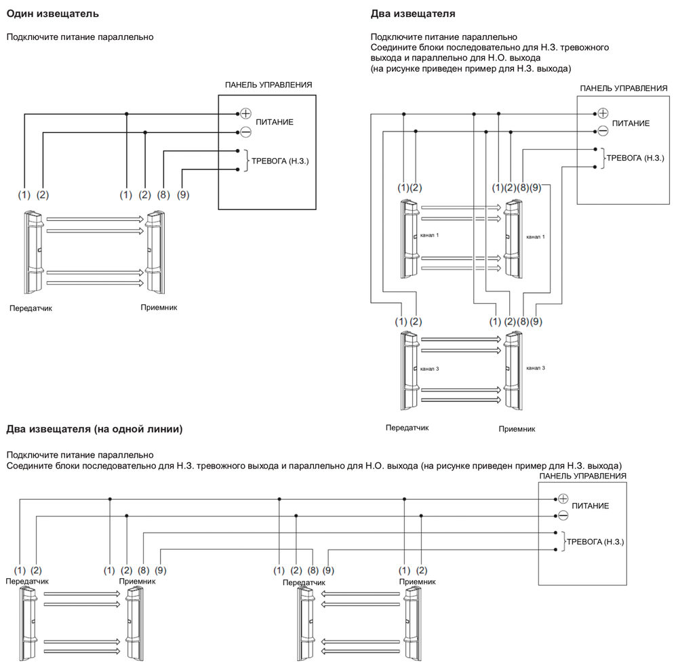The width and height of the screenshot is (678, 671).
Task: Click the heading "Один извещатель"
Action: (52, 14)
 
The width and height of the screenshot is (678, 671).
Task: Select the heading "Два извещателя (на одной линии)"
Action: (94, 429)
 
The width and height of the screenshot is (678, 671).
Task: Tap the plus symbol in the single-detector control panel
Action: (245, 113)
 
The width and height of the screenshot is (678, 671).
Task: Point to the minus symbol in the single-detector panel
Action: (245, 131)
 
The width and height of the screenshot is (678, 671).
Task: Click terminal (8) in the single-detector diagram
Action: (163, 195)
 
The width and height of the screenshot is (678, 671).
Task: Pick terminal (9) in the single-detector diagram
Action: (182, 195)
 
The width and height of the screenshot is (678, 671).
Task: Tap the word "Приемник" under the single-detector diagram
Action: (159, 307)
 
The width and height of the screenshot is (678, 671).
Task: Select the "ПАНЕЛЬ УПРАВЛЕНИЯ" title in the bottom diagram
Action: (582, 476)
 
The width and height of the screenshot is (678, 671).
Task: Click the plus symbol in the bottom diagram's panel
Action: (562, 498)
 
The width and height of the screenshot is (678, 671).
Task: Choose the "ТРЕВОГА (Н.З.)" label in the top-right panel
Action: (635, 158)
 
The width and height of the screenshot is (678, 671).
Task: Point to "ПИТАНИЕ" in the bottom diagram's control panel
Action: (590, 506)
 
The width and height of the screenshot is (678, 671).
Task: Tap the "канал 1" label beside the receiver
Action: (535, 237)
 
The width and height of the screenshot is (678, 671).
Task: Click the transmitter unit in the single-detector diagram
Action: (35, 251)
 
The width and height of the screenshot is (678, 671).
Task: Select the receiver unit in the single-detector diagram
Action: (155, 251)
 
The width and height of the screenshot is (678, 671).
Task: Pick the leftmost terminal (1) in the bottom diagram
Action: (20, 571)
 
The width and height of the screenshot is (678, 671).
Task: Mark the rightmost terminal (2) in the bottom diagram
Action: (422, 571)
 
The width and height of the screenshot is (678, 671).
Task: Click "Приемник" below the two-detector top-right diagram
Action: (517, 429)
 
